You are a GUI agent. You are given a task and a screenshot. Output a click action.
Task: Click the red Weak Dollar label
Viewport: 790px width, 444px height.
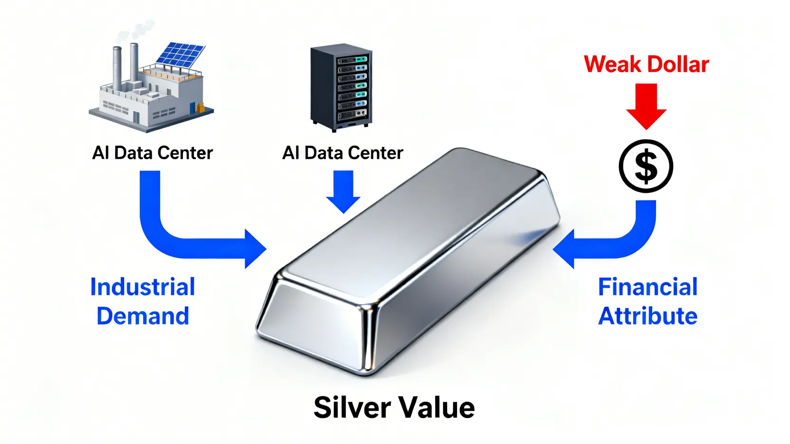[x=646, y=64]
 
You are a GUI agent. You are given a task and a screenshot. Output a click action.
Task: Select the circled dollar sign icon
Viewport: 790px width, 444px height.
[x=646, y=166]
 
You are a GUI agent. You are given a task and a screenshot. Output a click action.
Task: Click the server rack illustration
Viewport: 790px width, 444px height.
[x=341, y=88]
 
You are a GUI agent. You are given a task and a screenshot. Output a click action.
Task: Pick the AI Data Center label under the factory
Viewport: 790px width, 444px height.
[x=152, y=153]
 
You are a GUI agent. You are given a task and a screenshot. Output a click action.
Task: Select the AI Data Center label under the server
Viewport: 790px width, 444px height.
[x=342, y=153]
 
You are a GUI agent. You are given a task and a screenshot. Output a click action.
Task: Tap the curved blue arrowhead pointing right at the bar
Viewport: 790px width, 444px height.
[x=254, y=248]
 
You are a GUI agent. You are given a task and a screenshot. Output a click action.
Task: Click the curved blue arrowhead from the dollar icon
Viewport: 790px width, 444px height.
[x=566, y=248]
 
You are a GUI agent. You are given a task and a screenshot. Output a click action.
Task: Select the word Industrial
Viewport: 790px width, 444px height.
[x=142, y=287]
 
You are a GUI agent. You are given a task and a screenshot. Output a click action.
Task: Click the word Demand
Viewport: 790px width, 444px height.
[x=142, y=316]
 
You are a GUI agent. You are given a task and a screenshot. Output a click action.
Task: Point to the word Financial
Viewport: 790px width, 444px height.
[x=647, y=287]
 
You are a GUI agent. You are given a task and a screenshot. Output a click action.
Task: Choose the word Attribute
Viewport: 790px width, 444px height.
[x=647, y=316]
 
